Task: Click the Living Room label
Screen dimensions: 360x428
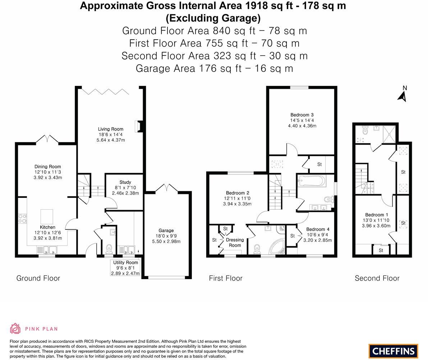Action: click(110, 129)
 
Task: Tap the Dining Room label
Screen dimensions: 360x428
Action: click(47, 167)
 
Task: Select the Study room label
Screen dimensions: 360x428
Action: click(125, 182)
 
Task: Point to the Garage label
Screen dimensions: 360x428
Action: click(166, 231)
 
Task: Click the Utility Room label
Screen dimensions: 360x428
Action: click(125, 263)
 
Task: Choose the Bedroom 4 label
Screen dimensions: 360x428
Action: click(318, 229)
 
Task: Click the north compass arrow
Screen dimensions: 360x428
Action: click(402, 95)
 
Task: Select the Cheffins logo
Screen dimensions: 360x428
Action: click(393, 351)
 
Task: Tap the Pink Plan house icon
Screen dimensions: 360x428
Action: click(15, 328)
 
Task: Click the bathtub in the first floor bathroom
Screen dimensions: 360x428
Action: click(312, 181)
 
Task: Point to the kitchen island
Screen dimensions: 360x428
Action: click(47, 217)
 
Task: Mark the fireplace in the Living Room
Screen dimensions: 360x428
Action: click(138, 126)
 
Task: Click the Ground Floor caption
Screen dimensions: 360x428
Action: click(38, 278)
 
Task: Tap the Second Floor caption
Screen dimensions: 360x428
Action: click(377, 278)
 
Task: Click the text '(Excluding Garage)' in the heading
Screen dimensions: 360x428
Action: click(213, 18)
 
